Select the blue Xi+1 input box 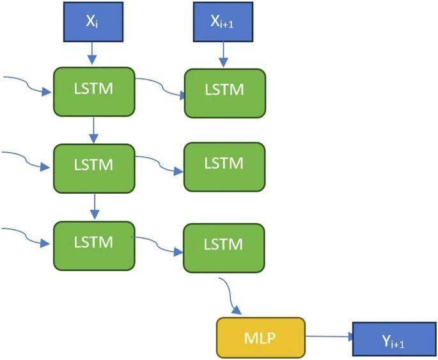(x=223, y=22)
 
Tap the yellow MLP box (x=261, y=337)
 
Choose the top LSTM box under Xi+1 (x=224, y=93)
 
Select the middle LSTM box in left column (x=94, y=168)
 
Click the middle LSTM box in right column (x=224, y=166)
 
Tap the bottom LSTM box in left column (x=94, y=245)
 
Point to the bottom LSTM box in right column (x=224, y=247)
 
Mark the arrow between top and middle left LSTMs (x=94, y=130)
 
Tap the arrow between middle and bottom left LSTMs (x=94, y=207)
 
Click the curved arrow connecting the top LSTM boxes (x=160, y=86)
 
